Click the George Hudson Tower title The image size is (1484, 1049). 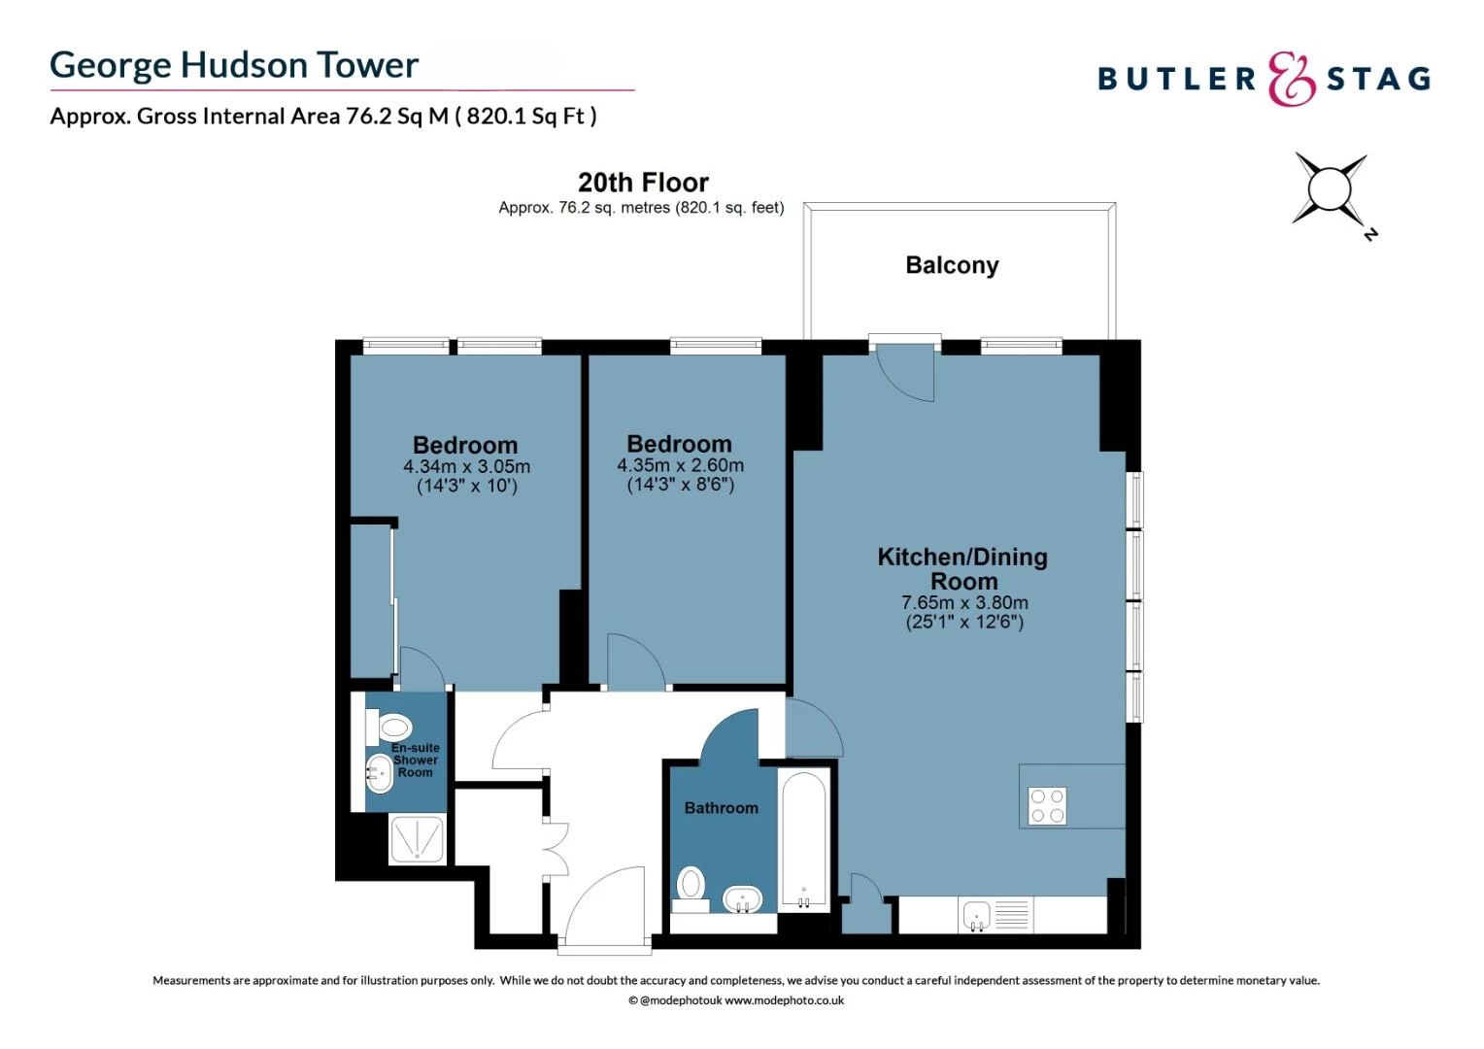click(234, 65)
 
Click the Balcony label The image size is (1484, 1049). click(952, 265)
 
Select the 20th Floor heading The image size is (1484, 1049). click(643, 183)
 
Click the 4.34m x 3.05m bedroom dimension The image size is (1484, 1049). click(466, 467)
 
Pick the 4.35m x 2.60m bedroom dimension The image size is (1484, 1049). click(680, 465)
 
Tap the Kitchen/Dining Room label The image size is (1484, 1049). click(962, 569)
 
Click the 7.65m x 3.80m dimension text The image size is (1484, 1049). click(964, 603)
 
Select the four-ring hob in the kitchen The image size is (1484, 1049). click(1047, 806)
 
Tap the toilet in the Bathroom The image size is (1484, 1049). click(691, 886)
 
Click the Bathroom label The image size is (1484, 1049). click(721, 808)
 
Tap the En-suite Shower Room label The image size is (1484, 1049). click(415, 761)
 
